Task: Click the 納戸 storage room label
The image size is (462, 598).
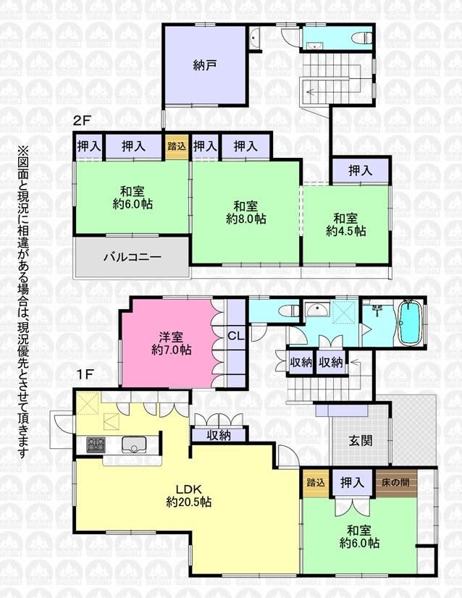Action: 205,65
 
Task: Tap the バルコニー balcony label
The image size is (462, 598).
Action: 133,257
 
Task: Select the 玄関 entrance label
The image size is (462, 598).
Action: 361,441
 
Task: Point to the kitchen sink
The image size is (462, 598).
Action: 133,445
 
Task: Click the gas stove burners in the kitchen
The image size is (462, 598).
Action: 96,445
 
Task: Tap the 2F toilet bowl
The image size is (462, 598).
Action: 362,38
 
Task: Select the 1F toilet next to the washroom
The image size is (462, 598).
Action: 289,311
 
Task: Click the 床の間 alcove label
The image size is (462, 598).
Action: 395,482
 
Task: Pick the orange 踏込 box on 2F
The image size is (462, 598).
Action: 177,146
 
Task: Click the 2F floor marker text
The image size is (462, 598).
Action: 82,121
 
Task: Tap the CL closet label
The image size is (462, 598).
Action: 236,336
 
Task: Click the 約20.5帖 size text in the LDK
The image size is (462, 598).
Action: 189,502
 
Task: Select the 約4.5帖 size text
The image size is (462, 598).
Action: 345,231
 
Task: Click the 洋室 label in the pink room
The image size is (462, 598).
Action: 171,337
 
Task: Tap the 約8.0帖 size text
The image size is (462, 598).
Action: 245,219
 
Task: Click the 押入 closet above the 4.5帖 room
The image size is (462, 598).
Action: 361,170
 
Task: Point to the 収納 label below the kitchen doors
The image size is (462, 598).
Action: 219,435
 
